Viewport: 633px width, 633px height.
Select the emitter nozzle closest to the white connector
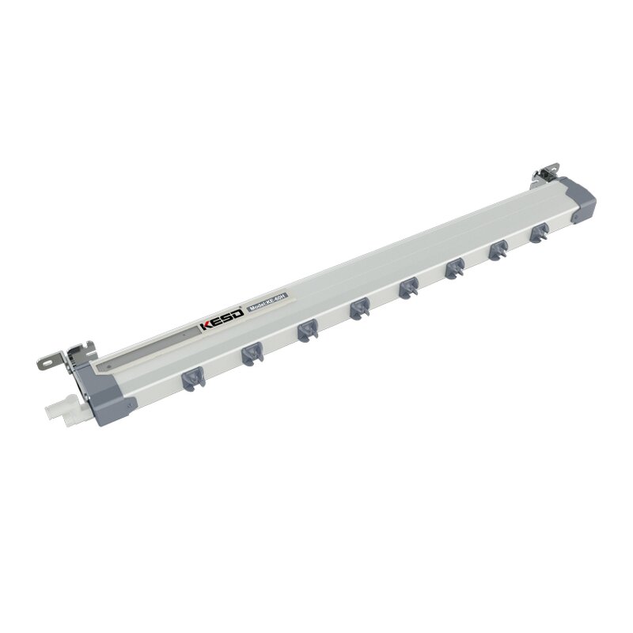click(x=191, y=380)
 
